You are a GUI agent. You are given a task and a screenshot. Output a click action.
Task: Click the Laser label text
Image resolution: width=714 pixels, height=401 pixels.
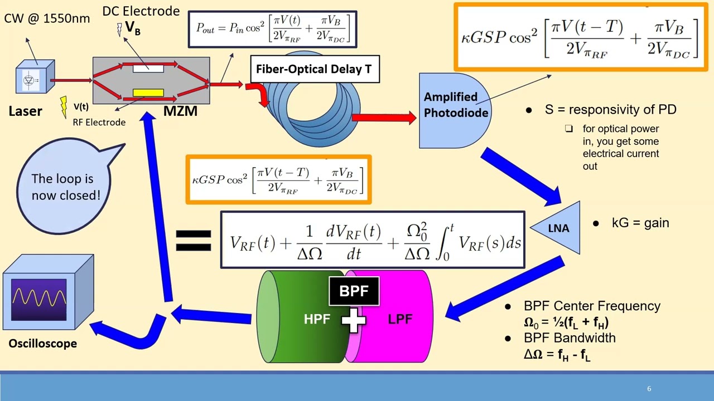(x=25, y=111)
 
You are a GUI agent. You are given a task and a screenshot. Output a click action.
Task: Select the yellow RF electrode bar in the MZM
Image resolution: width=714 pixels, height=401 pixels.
(x=148, y=93)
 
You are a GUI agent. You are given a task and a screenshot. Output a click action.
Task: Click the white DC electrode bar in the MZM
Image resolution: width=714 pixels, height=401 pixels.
(x=148, y=69)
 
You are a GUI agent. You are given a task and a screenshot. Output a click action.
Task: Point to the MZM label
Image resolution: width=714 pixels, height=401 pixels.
(x=180, y=111)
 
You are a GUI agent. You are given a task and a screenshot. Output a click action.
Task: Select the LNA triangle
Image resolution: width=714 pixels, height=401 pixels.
(x=560, y=228)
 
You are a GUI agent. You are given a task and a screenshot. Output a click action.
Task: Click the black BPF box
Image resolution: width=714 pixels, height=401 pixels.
(x=354, y=291)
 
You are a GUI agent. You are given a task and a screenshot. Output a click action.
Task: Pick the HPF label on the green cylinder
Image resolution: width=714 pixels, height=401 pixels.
(x=317, y=319)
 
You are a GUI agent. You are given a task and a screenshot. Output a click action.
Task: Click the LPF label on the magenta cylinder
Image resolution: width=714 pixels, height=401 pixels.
(x=400, y=319)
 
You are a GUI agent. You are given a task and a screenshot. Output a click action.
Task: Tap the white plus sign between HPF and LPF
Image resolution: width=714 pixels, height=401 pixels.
(x=354, y=320)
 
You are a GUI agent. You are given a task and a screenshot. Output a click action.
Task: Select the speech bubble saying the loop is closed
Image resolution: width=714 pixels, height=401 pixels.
(x=62, y=187)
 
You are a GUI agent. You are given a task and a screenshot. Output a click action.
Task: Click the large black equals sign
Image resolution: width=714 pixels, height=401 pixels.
(x=193, y=242)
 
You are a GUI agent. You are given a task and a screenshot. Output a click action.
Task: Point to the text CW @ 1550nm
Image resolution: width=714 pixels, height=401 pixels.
(x=47, y=18)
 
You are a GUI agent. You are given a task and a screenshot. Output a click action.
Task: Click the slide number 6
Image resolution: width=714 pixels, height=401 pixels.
(x=649, y=389)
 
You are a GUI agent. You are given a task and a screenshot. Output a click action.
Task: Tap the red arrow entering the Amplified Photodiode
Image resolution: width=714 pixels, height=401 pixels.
(x=385, y=118)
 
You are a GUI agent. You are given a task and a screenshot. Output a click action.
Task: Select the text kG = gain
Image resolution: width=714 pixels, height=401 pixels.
(x=640, y=223)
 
